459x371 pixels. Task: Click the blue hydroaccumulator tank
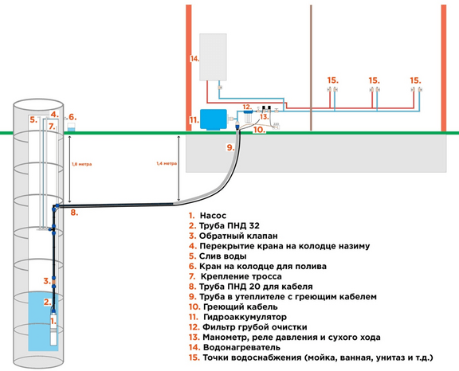(214, 119)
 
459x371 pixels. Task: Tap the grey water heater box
(213, 57)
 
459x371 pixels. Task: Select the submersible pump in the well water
(53, 328)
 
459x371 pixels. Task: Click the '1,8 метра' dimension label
(81, 164)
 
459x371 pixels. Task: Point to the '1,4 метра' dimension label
(167, 164)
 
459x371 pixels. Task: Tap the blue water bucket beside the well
(72, 127)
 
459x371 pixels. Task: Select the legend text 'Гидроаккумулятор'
(245, 317)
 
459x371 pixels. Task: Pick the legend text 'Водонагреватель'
(241, 347)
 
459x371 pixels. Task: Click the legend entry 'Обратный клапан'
(238, 236)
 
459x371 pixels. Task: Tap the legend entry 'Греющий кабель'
(240, 307)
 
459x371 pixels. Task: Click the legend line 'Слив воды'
(223, 256)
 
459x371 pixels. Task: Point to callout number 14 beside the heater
(194, 59)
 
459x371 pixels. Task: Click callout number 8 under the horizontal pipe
(74, 213)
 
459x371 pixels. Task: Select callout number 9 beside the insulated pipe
(230, 147)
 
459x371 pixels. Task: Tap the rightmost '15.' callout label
(415, 80)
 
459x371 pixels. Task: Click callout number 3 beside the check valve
(47, 281)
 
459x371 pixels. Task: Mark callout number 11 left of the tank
(194, 120)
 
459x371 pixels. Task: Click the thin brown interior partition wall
(311, 68)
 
